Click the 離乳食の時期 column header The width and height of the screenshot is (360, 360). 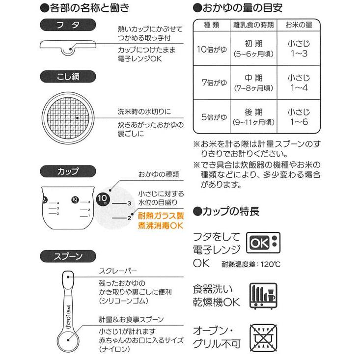(x=253, y=25)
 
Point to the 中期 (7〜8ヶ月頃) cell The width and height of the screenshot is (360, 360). (x=253, y=83)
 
